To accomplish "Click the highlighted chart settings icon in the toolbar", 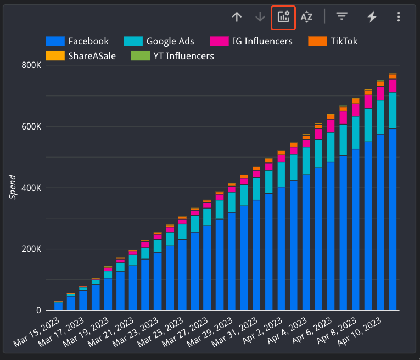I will [x=283, y=17].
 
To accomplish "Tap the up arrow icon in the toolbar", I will [x=237, y=17].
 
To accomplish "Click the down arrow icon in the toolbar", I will [x=260, y=17].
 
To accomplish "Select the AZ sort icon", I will [x=306, y=17].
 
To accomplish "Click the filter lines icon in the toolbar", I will [x=342, y=17].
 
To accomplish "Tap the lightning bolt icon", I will [x=372, y=17].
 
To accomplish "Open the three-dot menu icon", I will [x=399, y=17].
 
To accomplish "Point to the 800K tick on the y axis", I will [x=31, y=65].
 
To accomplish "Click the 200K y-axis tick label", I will [x=31, y=249].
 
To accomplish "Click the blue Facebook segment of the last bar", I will [x=393, y=220].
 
